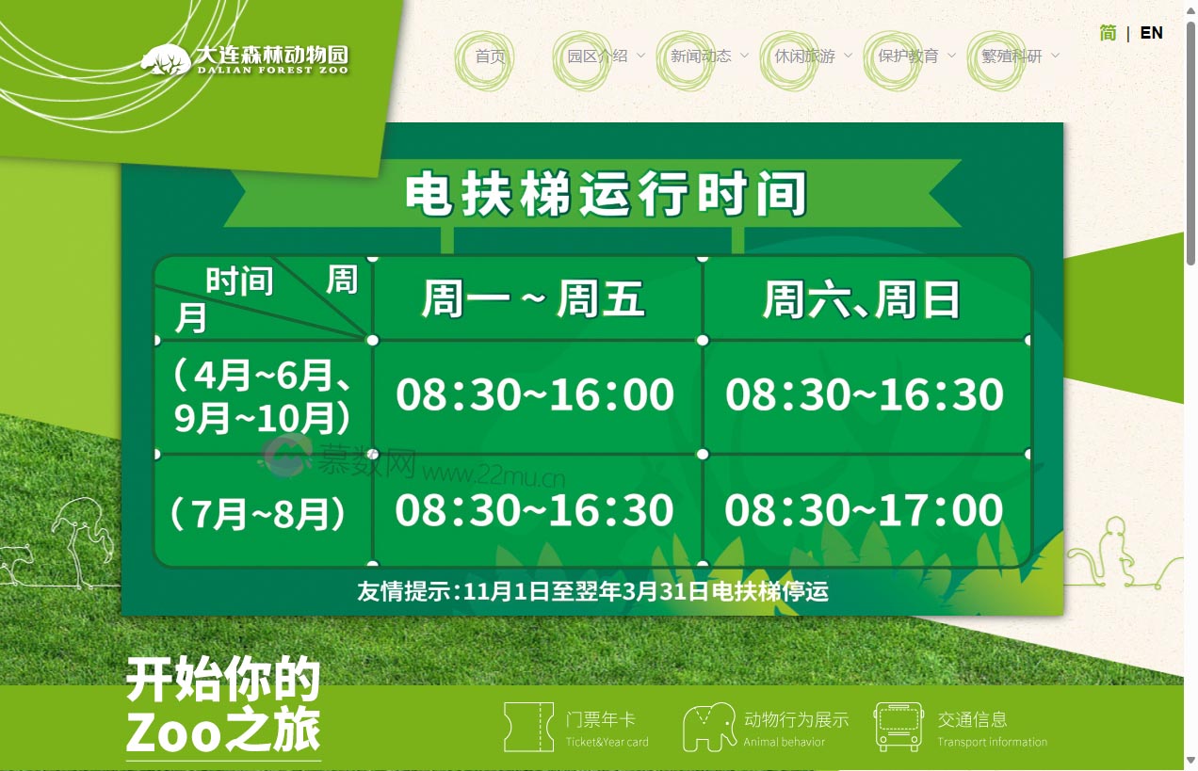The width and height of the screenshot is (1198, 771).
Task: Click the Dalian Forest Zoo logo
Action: (x=245, y=59)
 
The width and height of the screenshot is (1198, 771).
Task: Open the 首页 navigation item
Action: (x=490, y=56)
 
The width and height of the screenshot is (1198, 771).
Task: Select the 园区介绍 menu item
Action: (x=597, y=56)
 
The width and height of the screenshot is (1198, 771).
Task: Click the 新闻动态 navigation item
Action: (x=701, y=56)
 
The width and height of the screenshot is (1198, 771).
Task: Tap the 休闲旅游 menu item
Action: (x=804, y=56)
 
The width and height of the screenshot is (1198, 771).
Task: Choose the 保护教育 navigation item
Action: (x=908, y=56)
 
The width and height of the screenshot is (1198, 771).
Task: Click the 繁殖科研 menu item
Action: (x=1012, y=56)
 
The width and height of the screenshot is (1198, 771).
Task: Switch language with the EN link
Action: (x=1151, y=33)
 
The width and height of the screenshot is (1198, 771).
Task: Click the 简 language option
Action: (x=1108, y=33)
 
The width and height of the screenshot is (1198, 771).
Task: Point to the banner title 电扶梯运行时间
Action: (x=606, y=194)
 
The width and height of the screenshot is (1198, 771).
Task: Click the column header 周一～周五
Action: (x=533, y=300)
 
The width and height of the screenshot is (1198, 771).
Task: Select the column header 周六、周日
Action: (x=862, y=300)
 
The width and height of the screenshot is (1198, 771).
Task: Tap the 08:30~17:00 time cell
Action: (x=864, y=510)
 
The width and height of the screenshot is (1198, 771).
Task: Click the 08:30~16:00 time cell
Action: (x=535, y=395)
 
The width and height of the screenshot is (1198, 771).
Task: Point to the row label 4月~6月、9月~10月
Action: (x=263, y=396)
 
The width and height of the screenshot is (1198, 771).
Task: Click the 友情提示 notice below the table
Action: (x=592, y=592)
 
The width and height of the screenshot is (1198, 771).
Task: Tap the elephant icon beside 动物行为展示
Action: (x=708, y=727)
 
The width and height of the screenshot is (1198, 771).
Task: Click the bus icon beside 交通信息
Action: (x=898, y=727)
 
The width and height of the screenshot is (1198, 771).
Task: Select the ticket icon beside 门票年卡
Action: (x=528, y=727)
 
